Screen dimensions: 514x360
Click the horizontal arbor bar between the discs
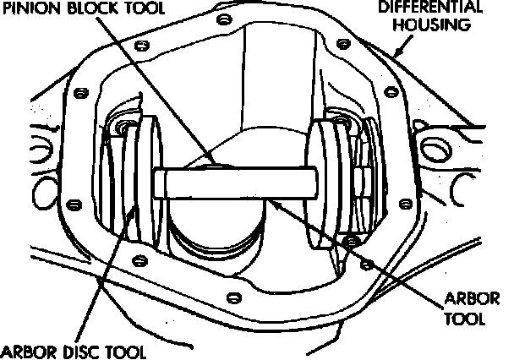237,182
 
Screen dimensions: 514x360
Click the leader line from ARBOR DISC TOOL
101,270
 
